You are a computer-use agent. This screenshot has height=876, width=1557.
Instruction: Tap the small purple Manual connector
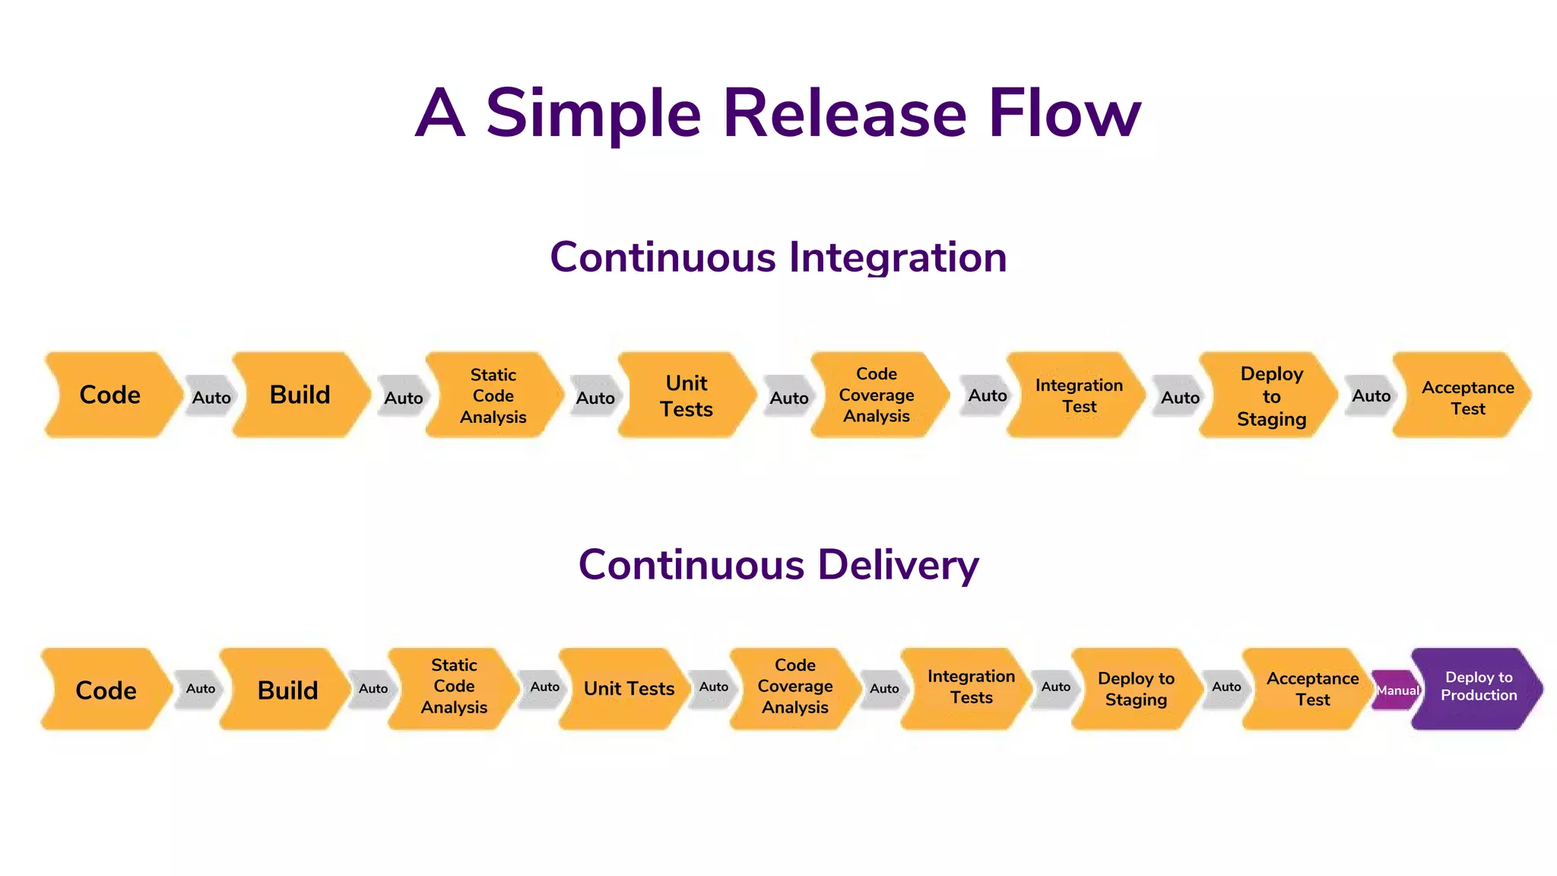click(x=1397, y=690)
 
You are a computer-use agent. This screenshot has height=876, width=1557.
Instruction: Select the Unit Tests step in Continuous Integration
click(x=687, y=395)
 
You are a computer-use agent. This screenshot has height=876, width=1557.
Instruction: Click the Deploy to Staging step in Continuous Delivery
click(x=1136, y=689)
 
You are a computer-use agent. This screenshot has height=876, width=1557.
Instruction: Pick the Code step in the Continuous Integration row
click(x=110, y=395)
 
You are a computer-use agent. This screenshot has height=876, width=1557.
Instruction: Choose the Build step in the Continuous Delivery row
click(x=287, y=690)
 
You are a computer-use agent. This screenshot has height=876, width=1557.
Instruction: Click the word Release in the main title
click(x=844, y=114)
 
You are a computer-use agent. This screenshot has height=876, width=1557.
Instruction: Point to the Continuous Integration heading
click(x=778, y=257)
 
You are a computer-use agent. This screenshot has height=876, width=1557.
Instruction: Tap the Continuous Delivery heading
click(x=778, y=565)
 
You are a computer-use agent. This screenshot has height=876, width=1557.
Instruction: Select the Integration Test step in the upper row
click(x=1078, y=395)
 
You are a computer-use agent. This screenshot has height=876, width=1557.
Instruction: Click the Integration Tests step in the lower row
click(x=970, y=687)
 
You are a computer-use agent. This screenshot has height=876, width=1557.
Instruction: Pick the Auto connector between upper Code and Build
click(x=211, y=397)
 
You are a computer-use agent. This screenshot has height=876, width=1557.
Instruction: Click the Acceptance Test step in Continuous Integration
click(x=1467, y=397)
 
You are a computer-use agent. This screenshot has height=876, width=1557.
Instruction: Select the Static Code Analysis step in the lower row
click(x=454, y=686)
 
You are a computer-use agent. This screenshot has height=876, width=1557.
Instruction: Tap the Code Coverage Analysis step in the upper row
click(x=876, y=395)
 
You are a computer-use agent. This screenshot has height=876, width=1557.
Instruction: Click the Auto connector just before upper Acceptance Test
click(x=1371, y=395)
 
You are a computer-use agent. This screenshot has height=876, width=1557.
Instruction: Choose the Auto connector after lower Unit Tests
click(x=713, y=687)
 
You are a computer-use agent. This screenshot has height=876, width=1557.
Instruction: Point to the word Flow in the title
click(x=1064, y=114)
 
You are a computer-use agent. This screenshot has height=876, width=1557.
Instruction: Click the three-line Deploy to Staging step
click(x=1271, y=396)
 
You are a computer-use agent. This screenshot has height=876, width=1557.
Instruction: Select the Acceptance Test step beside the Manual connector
click(x=1311, y=689)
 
